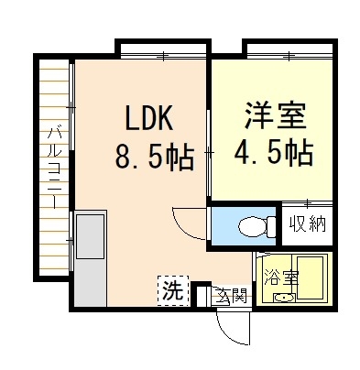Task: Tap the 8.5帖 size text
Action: coord(155,157)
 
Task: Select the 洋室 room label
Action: coord(275,115)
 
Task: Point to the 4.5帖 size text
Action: coord(273,152)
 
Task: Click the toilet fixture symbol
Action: coord(256,226)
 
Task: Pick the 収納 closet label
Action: coord(307,224)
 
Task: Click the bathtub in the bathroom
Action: coord(310,277)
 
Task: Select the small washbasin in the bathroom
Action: coord(284,298)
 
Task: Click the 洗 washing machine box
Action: coord(173,290)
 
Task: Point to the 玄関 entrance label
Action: coord(231,295)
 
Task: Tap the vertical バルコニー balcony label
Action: coord(54,169)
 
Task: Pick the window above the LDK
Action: coord(163,56)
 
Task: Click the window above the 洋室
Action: coord(289,56)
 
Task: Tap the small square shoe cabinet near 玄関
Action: coord(202,296)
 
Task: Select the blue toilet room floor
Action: coord(244,226)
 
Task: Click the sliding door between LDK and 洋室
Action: coord(209,154)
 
